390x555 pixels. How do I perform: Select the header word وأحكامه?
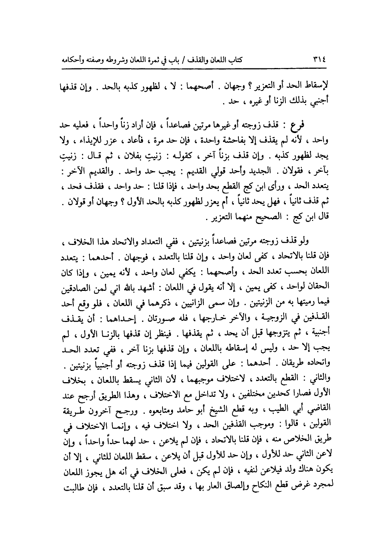coord(323,60)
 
